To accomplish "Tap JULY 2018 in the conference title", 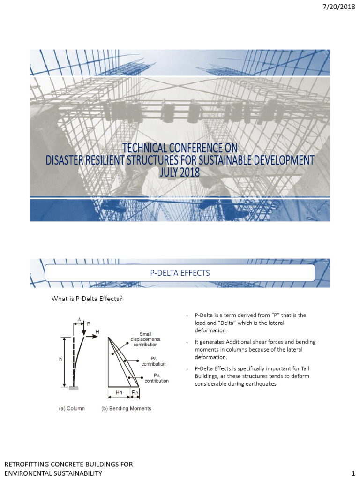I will point(180,172).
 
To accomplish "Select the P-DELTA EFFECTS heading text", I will point(180,272).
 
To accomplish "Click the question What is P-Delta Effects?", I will point(87,299).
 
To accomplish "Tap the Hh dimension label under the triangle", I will point(119,392).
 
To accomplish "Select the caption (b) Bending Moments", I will point(127,409).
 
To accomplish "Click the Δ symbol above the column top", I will point(79,319).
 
